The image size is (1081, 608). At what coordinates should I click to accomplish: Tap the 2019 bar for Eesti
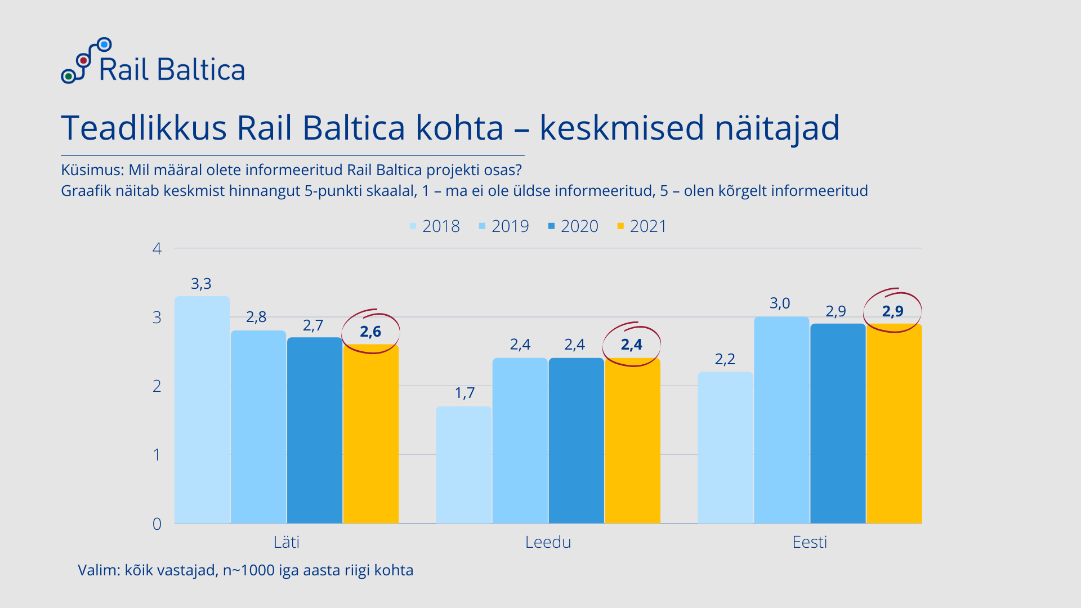(781, 420)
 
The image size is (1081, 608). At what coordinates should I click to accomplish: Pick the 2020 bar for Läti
(315, 430)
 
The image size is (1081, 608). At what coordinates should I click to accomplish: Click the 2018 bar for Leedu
(464, 464)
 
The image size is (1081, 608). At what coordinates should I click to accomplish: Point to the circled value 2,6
(370, 332)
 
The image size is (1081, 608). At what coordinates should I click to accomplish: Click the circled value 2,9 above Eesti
(892, 311)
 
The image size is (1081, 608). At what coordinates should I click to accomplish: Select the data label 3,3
(201, 284)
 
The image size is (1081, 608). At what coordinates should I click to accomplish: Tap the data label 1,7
(464, 393)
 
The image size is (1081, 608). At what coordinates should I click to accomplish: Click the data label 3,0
(780, 303)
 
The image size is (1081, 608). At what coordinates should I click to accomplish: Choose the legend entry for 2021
(642, 226)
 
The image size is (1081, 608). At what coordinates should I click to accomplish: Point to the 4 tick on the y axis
(157, 248)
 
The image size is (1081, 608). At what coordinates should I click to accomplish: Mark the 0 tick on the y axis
(157, 524)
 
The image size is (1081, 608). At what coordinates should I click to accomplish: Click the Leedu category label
(548, 542)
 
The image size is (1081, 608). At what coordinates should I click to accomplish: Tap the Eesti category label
(810, 542)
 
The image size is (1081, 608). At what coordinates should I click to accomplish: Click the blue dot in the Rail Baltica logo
(104, 44)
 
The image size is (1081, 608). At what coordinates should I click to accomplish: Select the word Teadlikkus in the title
(144, 128)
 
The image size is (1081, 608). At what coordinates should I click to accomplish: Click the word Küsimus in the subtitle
(92, 170)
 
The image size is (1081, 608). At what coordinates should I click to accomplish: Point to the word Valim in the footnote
(98, 570)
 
